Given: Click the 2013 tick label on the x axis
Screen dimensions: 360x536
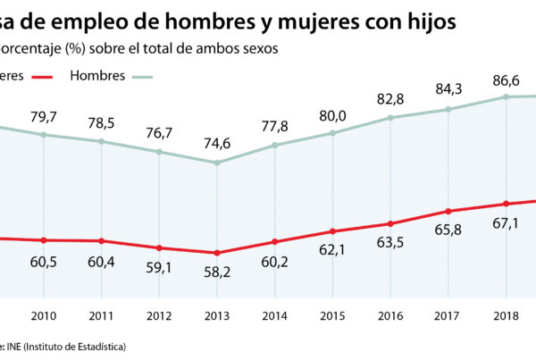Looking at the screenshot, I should pos(216,315).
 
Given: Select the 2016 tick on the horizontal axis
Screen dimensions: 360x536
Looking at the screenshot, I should pos(389,315).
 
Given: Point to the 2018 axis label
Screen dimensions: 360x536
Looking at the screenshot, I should pos(505,315).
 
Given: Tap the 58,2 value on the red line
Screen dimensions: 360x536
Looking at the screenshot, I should pos(216,269).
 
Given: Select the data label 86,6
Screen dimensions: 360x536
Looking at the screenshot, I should pos(505,80).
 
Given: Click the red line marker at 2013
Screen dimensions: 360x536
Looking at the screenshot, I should pos(216,253).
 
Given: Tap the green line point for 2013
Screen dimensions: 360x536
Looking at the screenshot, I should pos(216,163).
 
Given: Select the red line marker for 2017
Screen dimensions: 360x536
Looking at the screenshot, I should pos(447,211).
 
